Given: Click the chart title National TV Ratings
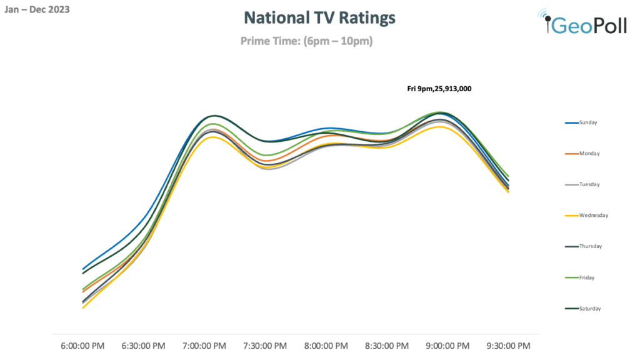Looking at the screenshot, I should click(319, 17).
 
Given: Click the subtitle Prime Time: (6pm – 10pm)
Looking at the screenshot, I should click(306, 41).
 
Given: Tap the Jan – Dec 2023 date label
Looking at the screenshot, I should click(37, 9).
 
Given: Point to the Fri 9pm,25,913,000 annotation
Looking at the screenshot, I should click(439, 89).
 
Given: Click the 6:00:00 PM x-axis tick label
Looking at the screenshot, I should click(82, 346).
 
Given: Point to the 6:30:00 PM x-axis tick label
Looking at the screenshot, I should click(143, 346).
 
